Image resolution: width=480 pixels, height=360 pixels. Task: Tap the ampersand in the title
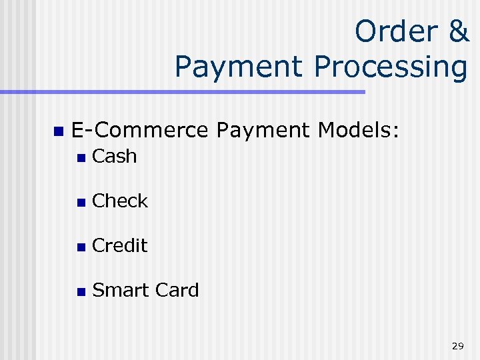point(457,31)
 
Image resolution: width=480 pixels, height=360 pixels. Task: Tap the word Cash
point(115,157)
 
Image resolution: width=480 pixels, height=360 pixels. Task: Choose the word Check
point(120,201)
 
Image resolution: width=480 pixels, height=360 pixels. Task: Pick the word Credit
point(120,246)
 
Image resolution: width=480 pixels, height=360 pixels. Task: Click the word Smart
point(121,291)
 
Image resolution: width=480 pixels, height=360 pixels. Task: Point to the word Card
point(177,291)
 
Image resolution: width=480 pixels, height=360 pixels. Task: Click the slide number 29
point(457,345)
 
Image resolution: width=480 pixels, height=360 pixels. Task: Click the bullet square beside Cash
point(80,158)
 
